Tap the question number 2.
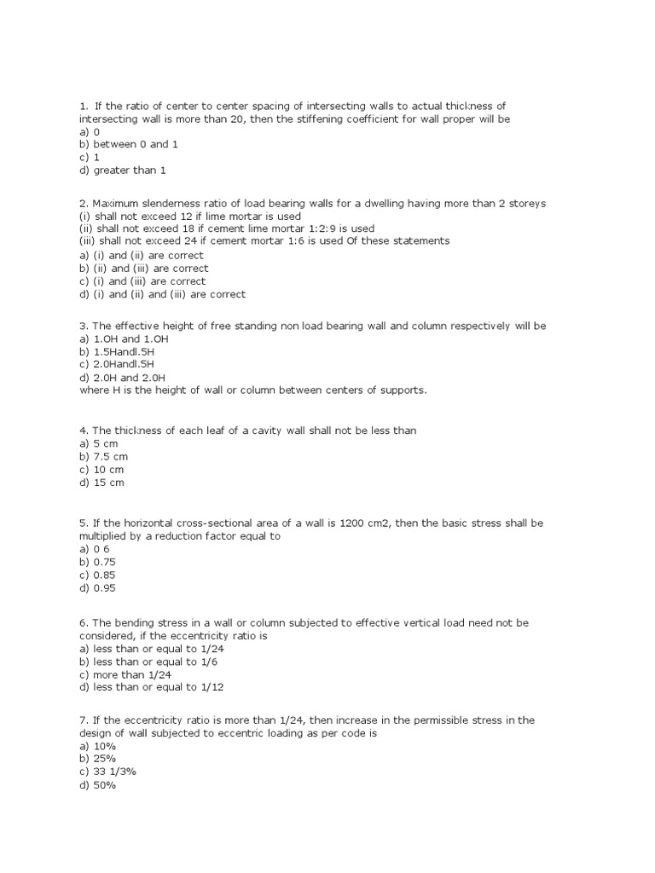click(82, 204)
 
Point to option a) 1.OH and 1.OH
click(121, 339)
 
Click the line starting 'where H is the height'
click(252, 390)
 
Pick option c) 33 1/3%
click(107, 772)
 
